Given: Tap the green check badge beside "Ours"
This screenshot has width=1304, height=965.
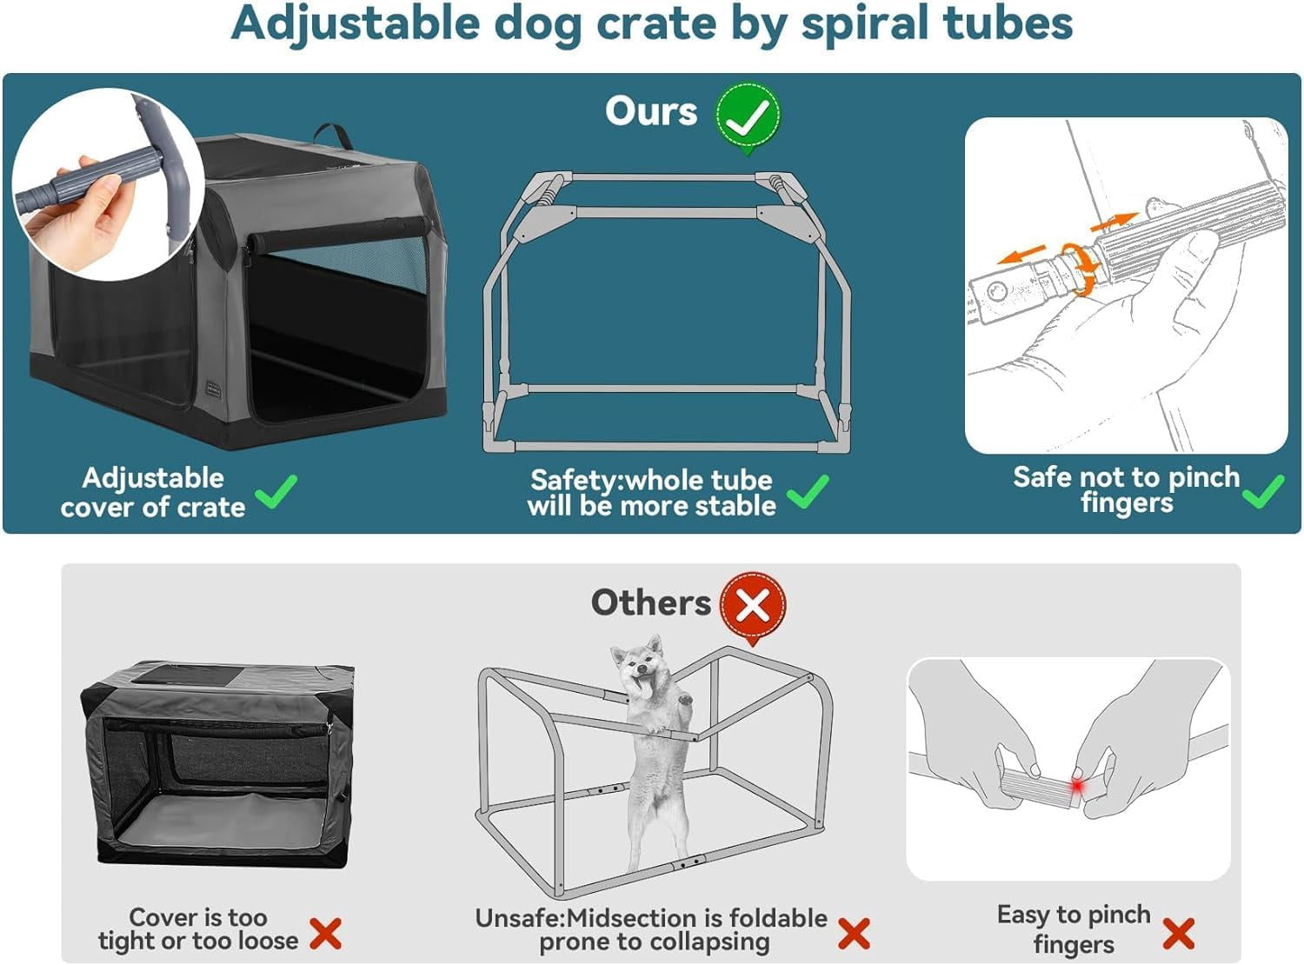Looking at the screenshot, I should click(x=748, y=116).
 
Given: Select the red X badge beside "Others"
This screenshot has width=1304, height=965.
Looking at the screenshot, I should click(x=753, y=605).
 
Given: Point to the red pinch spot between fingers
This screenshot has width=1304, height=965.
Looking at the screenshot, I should click(x=1077, y=785).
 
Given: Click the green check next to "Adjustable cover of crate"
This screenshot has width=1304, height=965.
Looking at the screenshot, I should click(x=277, y=492).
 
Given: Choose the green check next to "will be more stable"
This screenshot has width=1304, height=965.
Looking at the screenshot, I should click(x=808, y=492).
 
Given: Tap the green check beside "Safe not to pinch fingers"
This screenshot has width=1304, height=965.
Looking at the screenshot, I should click(x=1262, y=491).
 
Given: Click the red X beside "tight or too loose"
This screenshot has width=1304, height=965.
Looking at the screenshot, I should click(x=325, y=934).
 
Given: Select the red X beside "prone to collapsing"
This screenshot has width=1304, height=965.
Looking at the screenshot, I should click(x=854, y=934).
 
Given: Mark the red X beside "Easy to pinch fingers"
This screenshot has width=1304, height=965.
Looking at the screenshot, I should click(x=1178, y=934).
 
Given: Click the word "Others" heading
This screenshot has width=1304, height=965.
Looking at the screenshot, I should click(x=650, y=602).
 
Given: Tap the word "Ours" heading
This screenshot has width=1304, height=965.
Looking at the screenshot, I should click(x=651, y=111).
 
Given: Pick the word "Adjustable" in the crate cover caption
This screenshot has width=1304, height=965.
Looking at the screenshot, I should click(x=153, y=477).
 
